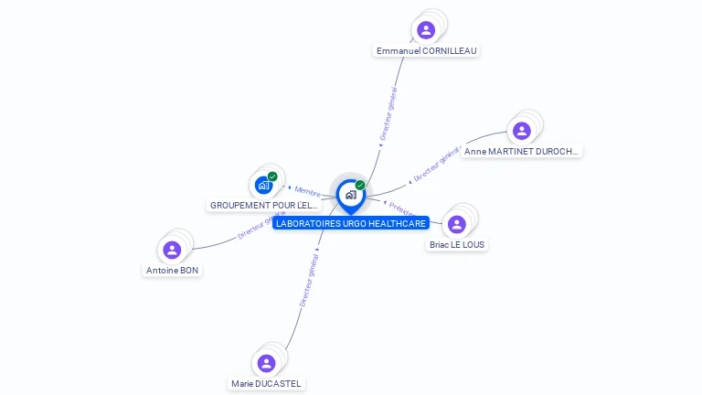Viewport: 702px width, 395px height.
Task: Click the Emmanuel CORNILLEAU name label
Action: click(x=427, y=51)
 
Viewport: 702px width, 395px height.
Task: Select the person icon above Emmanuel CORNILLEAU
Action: click(x=426, y=30)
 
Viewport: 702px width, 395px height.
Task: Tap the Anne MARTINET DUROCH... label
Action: click(x=522, y=152)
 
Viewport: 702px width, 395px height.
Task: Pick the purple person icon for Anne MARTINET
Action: click(x=522, y=131)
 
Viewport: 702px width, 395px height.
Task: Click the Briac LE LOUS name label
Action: click(x=457, y=245)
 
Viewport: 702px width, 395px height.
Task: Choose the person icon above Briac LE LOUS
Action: click(x=457, y=224)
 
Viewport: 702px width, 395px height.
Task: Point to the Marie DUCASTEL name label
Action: click(x=266, y=384)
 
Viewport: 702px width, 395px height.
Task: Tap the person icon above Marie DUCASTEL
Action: click(x=266, y=363)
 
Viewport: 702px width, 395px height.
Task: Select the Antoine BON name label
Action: click(x=172, y=271)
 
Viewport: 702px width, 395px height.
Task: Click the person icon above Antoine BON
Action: click(x=172, y=250)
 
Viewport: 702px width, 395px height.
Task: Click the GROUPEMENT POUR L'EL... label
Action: click(x=264, y=206)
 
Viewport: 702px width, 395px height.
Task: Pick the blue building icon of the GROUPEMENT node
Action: click(x=263, y=186)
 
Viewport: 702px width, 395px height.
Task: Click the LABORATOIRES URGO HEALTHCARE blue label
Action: click(x=351, y=223)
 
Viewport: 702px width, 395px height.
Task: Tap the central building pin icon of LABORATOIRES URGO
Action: click(x=350, y=195)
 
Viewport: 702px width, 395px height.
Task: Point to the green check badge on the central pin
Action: click(x=360, y=186)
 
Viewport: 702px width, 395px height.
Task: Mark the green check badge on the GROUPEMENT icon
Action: click(x=272, y=176)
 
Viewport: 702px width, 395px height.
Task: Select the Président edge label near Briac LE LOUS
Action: click(x=402, y=208)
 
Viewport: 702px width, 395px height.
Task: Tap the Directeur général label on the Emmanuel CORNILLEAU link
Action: click(x=388, y=113)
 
